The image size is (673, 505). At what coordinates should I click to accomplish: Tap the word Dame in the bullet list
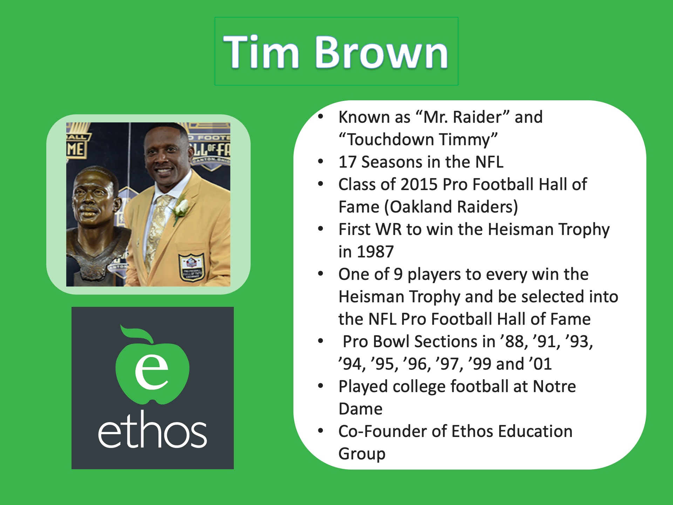(360, 409)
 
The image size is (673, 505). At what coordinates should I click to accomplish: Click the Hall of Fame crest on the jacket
(191, 267)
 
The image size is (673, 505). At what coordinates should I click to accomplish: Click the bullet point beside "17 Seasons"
(320, 162)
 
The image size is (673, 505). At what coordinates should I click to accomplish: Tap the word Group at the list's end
(362, 454)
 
